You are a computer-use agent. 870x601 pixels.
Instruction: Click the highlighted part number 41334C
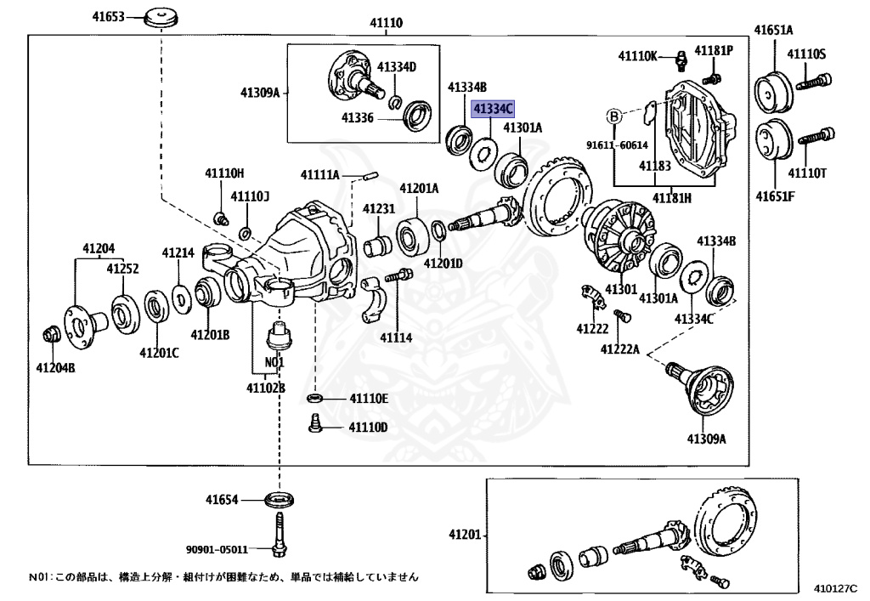pyautogui.click(x=493, y=109)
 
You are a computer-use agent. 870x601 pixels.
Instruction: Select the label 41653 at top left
pyautogui.click(x=106, y=16)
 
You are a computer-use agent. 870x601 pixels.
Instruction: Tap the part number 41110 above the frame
pyautogui.click(x=386, y=23)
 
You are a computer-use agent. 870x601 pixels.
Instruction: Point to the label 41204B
pyautogui.click(x=55, y=367)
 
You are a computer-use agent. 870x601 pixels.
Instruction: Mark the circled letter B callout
pyautogui.click(x=613, y=116)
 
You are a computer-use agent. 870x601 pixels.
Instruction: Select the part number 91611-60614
pyautogui.click(x=617, y=145)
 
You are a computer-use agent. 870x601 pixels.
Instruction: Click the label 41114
pyautogui.click(x=396, y=337)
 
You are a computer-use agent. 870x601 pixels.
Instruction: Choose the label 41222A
pyautogui.click(x=619, y=349)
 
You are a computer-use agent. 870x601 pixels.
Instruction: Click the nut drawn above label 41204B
pyautogui.click(x=50, y=333)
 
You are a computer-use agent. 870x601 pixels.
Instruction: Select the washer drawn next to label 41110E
pyautogui.click(x=314, y=399)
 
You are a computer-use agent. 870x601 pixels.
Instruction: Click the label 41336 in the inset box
pyautogui.click(x=358, y=117)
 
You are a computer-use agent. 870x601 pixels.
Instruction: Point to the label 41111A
pyautogui.click(x=319, y=175)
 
